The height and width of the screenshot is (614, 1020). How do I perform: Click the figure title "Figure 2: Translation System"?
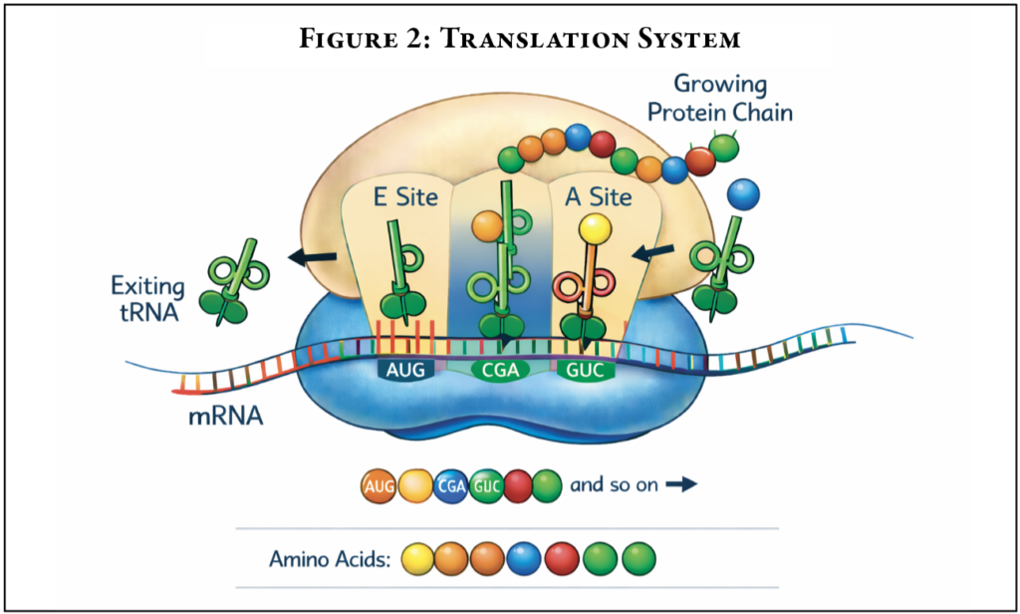[x=509, y=40]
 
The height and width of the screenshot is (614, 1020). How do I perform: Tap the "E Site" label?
[x=405, y=196]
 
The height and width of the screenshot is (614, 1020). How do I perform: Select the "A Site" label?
[x=598, y=196]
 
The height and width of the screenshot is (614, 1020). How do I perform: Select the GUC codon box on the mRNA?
[x=586, y=371]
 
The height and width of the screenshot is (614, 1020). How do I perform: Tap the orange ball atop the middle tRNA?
[x=487, y=226]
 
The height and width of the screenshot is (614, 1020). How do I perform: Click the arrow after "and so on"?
[x=680, y=485]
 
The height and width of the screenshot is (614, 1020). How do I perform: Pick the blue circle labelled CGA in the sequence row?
[x=451, y=487]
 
